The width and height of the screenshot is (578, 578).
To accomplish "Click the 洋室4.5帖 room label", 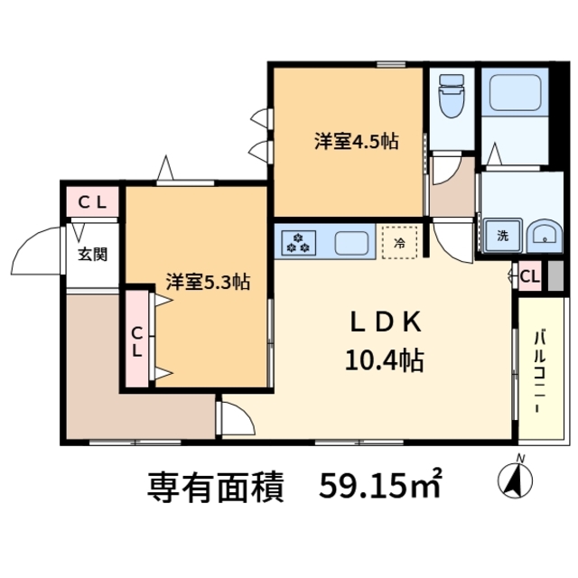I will pos(357,142).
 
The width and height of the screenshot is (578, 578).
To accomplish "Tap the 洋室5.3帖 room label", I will pos(207,282).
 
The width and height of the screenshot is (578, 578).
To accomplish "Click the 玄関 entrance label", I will pos(92,254).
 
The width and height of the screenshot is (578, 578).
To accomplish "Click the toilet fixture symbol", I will pos(449,101).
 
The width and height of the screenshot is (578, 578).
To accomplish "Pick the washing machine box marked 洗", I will pos(500,237).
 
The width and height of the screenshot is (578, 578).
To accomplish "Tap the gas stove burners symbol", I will pos(298,242).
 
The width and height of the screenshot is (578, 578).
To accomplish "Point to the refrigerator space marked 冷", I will pos(399,241).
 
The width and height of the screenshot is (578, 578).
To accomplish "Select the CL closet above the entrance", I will pos(92,202).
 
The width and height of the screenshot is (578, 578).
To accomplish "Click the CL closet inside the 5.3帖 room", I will pos(137,339).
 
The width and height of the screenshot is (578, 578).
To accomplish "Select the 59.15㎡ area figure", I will pos(380,487).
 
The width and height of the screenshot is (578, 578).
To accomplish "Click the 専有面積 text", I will pos(217,488).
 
